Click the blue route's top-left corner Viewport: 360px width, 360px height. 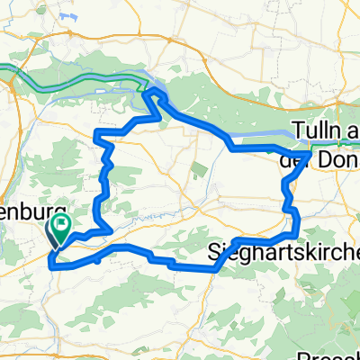[97, 135]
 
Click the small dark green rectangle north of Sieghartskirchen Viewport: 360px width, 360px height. [198, 168]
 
